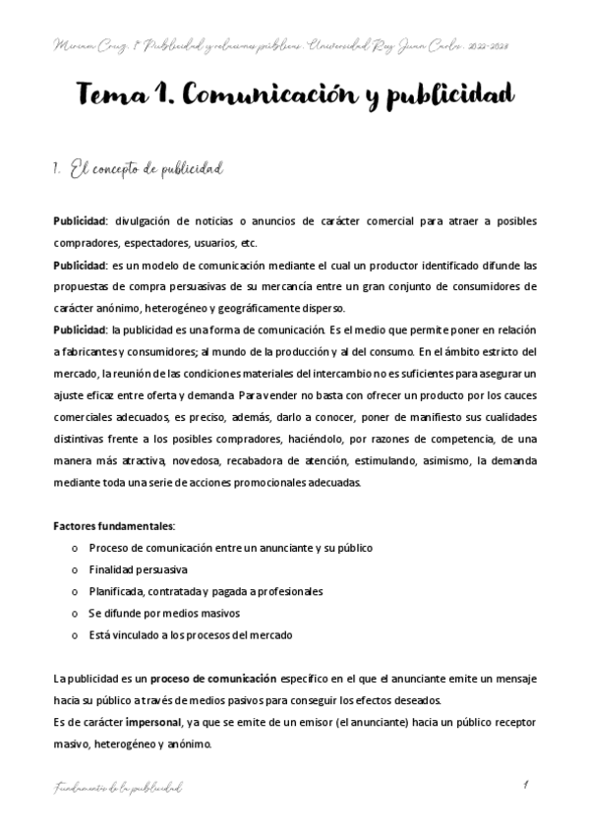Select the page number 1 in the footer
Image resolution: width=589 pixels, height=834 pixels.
coord(527,785)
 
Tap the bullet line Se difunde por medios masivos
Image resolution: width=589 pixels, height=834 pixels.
coord(149,613)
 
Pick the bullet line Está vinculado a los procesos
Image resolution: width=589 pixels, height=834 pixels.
coord(190,634)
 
